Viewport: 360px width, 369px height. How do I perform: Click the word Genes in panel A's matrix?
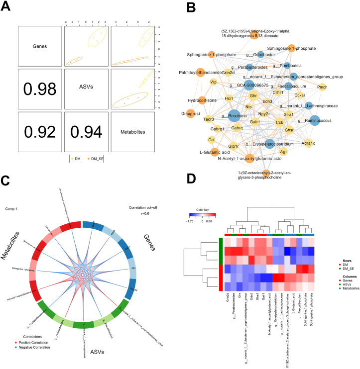pyautogui.click(x=39, y=47)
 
